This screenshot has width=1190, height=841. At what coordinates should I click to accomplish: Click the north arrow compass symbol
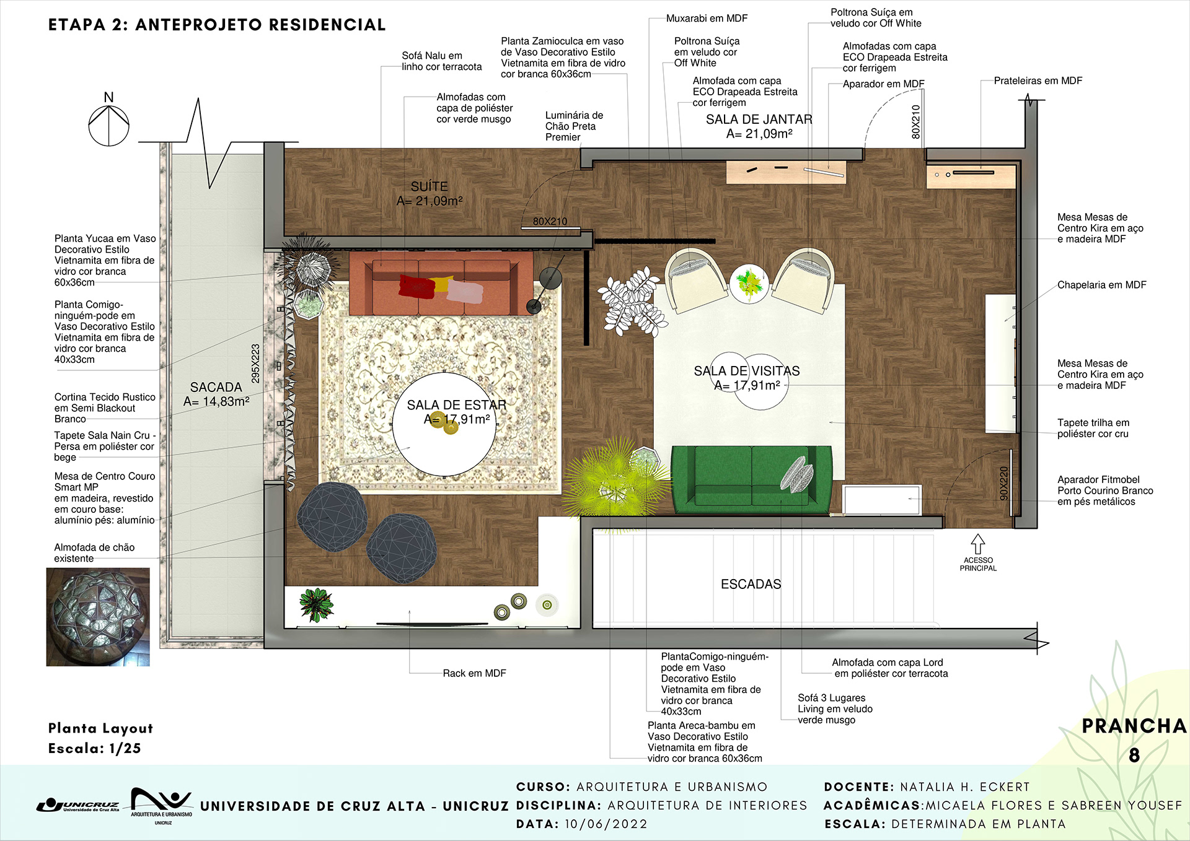tap(108, 124)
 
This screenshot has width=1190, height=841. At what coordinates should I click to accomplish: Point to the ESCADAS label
tap(751, 584)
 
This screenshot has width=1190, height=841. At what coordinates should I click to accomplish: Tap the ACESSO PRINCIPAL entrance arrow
tap(977, 544)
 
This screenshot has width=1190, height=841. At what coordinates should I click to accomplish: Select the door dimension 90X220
tap(1004, 483)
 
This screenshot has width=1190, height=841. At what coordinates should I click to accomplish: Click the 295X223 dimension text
tap(255, 364)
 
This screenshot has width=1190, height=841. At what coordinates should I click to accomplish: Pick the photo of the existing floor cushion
tap(98, 617)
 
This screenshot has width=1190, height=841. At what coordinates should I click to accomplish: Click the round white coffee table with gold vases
tap(444, 424)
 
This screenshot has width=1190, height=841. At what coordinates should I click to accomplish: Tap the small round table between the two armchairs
tap(749, 283)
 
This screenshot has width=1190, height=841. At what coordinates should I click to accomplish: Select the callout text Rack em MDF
tap(474, 673)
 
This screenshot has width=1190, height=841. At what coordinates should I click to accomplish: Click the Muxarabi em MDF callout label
tap(707, 19)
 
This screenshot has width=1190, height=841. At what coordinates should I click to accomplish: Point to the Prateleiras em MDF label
tap(1038, 81)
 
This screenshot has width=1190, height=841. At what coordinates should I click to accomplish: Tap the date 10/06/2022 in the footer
tap(606, 824)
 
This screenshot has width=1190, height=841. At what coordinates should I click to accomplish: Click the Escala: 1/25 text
tap(94, 748)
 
